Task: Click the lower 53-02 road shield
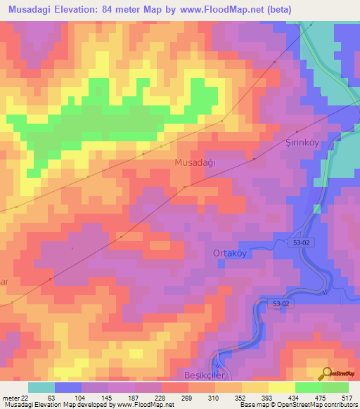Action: tap(281, 303)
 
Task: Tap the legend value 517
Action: tap(347, 397)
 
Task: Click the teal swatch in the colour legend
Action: tap(41, 387)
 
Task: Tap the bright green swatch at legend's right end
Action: tap(335, 387)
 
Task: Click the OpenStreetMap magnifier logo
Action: tap(326, 374)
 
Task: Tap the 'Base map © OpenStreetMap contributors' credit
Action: tap(296, 405)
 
